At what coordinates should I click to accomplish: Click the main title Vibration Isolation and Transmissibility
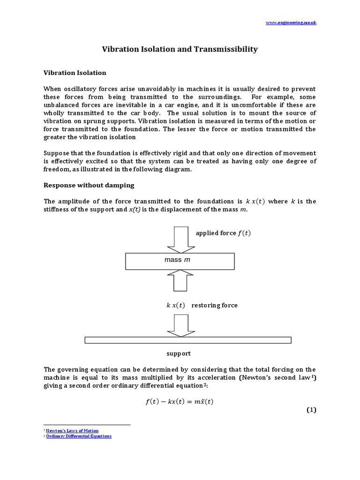click(x=180, y=49)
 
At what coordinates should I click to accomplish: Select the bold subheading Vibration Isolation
click(x=75, y=73)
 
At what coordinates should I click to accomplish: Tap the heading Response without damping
click(x=89, y=185)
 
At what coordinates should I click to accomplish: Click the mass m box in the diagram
click(x=180, y=261)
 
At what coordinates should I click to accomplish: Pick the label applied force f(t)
click(x=223, y=233)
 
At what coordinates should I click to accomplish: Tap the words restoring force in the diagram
click(x=218, y=305)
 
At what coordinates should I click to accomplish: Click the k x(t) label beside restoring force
click(x=176, y=305)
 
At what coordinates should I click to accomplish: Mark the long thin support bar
click(x=187, y=340)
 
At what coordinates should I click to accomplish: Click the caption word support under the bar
click(x=179, y=353)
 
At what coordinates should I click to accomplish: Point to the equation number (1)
click(x=311, y=410)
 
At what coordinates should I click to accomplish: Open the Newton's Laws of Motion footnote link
click(x=72, y=430)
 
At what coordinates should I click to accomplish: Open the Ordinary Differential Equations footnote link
click(x=79, y=436)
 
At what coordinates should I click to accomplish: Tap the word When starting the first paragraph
click(x=52, y=89)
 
